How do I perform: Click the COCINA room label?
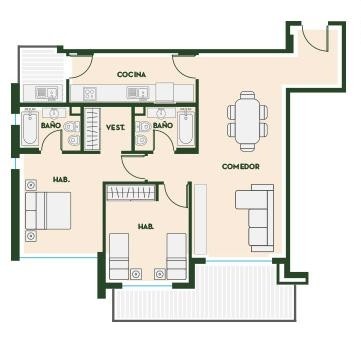(x=131, y=75)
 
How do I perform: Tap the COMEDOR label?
(x=241, y=166)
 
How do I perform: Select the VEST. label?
(x=115, y=127)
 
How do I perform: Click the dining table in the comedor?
(x=247, y=121)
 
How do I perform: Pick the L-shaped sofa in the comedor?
(x=255, y=218)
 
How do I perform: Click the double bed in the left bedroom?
(x=48, y=211)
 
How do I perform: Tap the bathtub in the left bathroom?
(x=30, y=128)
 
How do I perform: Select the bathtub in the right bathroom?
(x=185, y=128)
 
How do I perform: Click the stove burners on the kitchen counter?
(x=90, y=93)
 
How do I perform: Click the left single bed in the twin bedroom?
(x=119, y=256)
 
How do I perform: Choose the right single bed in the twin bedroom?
(x=176, y=256)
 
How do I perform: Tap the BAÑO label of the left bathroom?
(x=51, y=126)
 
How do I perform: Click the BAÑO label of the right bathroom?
(x=163, y=125)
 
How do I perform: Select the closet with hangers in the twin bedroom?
(x=131, y=193)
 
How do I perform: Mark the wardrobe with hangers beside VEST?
(x=92, y=129)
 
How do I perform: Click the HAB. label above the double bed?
(x=61, y=180)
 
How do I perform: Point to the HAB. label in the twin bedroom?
(x=146, y=227)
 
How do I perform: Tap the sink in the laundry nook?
(x=47, y=93)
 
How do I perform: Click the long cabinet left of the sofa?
(x=200, y=219)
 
